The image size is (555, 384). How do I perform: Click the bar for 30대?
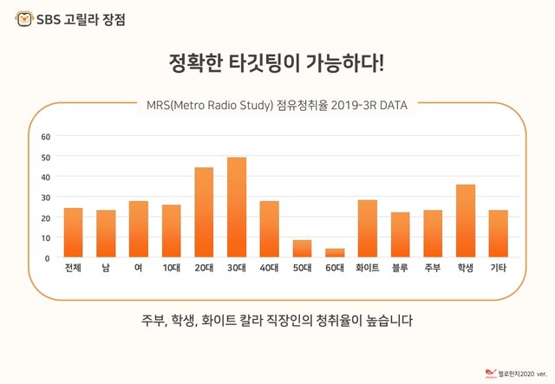pyautogui.click(x=237, y=207)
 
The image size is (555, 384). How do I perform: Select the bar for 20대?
pyautogui.click(x=204, y=212)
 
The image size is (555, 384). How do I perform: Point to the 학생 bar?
pyautogui.click(x=466, y=221)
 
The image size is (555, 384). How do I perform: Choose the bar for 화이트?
pyautogui.click(x=368, y=229)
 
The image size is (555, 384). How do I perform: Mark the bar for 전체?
pyautogui.click(x=73, y=232)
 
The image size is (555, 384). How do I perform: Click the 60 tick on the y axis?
pyautogui.click(x=46, y=136)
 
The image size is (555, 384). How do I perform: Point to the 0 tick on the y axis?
pyautogui.click(x=49, y=257)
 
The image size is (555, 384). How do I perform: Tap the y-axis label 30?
pyautogui.click(x=46, y=197)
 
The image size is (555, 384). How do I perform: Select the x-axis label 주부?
pyautogui.click(x=433, y=269)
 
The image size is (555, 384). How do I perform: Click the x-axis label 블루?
pyautogui.click(x=400, y=269)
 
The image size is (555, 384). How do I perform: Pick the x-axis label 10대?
pyautogui.click(x=171, y=269)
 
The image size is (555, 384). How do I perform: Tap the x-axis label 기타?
pyautogui.click(x=499, y=269)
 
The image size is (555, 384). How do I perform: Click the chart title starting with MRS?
pyautogui.click(x=277, y=105)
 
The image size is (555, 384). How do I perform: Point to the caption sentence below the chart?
pyautogui.click(x=277, y=320)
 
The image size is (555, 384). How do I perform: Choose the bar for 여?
pyautogui.click(x=139, y=229)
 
